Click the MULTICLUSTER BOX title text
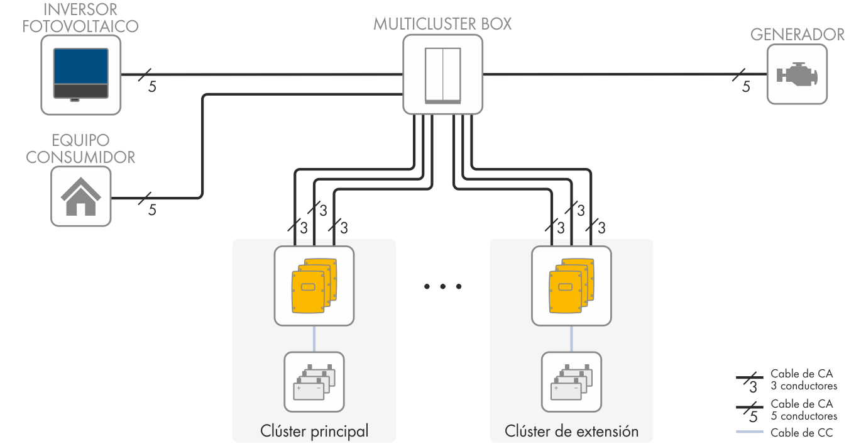[442, 25]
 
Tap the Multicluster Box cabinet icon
[442, 74]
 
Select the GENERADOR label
[797, 35]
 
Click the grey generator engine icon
[797, 75]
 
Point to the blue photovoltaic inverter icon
[80, 75]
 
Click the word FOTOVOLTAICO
[80, 26]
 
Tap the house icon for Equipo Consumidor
[80, 196]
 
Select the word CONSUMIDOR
[80, 157]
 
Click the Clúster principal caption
[314, 432]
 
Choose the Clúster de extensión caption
[571, 432]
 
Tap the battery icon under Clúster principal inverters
[314, 382]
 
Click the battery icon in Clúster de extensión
[571, 382]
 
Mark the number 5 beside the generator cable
[746, 87]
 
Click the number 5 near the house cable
[152, 210]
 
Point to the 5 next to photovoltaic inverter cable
[152, 87]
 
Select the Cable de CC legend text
[801, 433]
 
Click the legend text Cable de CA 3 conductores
[803, 380]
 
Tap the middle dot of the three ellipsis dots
[442, 287]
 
